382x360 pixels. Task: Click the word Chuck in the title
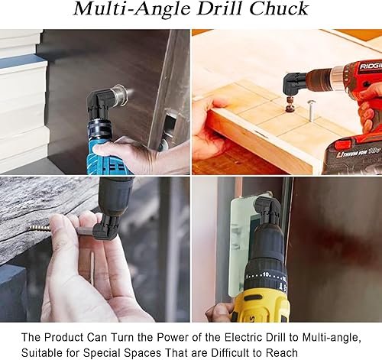point(279,9)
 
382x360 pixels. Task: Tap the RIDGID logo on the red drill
point(371,66)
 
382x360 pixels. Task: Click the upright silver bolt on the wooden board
point(310,110)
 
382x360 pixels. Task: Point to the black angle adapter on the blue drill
point(100,105)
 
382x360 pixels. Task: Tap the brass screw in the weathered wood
point(40,228)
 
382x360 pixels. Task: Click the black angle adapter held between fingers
point(106,227)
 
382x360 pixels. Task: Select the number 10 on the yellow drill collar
point(266,274)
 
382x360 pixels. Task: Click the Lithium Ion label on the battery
point(351,154)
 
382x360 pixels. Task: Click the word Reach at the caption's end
point(282,353)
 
